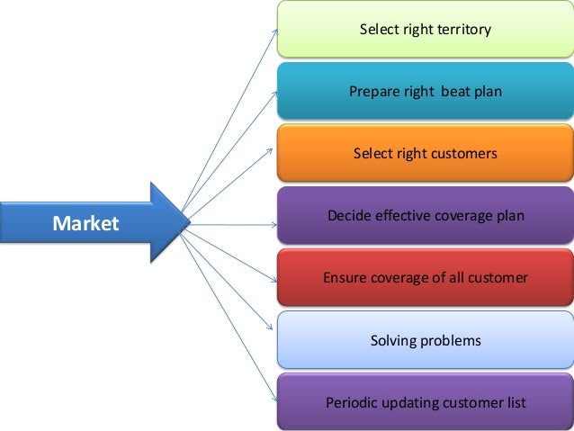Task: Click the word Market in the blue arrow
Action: (85, 223)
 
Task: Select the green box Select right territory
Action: (425, 30)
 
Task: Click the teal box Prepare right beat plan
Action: (425, 91)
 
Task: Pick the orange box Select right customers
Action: (425, 154)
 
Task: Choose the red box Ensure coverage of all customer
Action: (425, 278)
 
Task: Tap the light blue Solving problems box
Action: (425, 340)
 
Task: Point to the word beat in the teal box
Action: (455, 92)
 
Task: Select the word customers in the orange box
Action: (462, 154)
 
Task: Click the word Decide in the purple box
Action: (347, 216)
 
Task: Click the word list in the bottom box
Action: (514, 402)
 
